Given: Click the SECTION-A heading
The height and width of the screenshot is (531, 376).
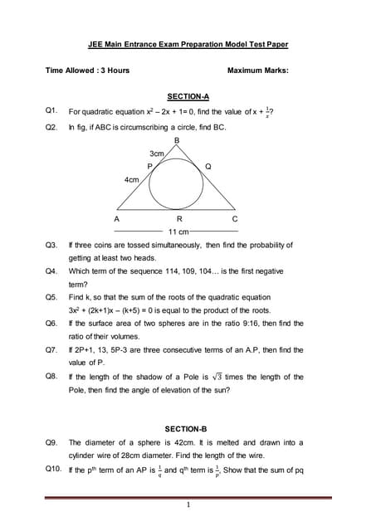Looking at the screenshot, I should pos(188,96).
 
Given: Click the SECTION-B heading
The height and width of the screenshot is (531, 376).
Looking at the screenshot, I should pos(187,428).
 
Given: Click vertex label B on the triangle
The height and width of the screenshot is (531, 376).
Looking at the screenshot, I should pos(176,141).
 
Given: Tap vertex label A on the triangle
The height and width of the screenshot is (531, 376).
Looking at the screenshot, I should pos(117,218).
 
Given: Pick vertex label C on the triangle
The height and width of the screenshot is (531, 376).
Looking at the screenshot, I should pos(235,218).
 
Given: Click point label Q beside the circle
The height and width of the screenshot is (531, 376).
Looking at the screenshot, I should pos(208,166).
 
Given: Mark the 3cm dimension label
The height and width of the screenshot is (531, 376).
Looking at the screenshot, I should pos(156,153).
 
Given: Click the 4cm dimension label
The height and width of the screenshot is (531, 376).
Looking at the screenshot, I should pos(131,179).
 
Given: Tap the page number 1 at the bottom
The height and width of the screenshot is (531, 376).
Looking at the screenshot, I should pos(188,504).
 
